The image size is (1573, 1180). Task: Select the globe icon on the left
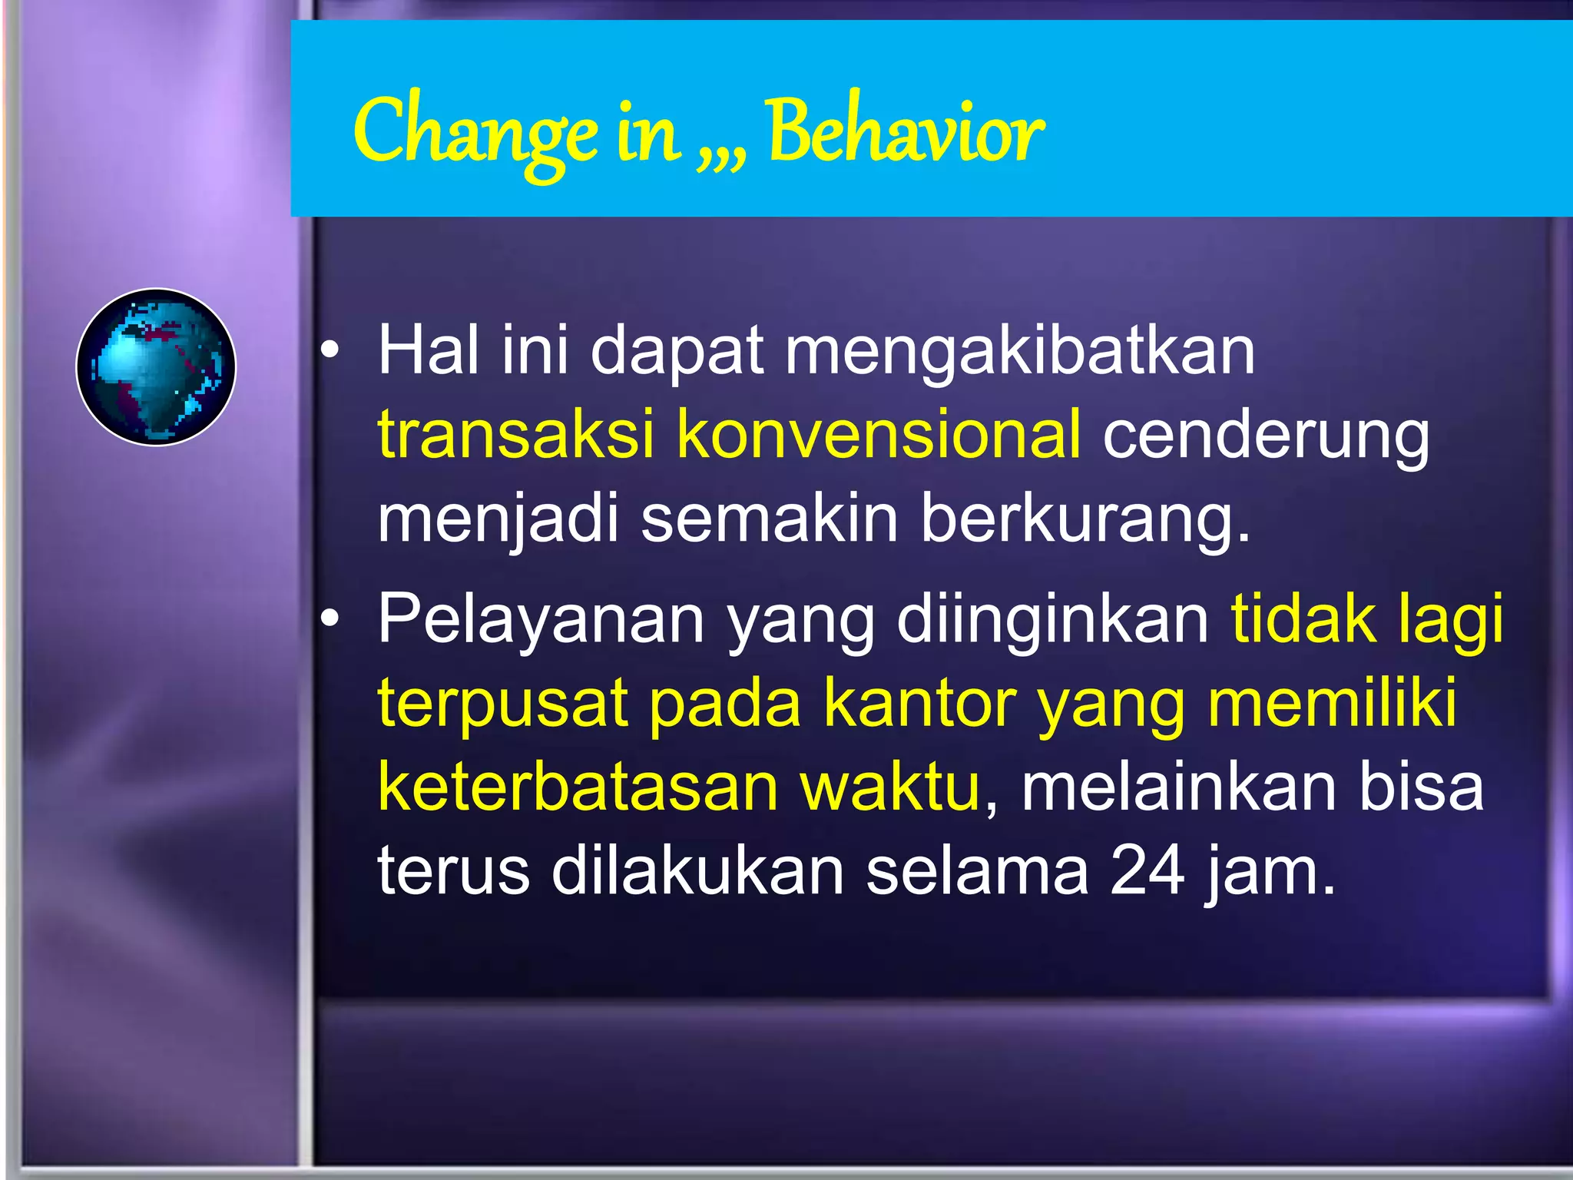point(156,367)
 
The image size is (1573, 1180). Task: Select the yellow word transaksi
point(515,435)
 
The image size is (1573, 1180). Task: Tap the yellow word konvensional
point(879,435)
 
